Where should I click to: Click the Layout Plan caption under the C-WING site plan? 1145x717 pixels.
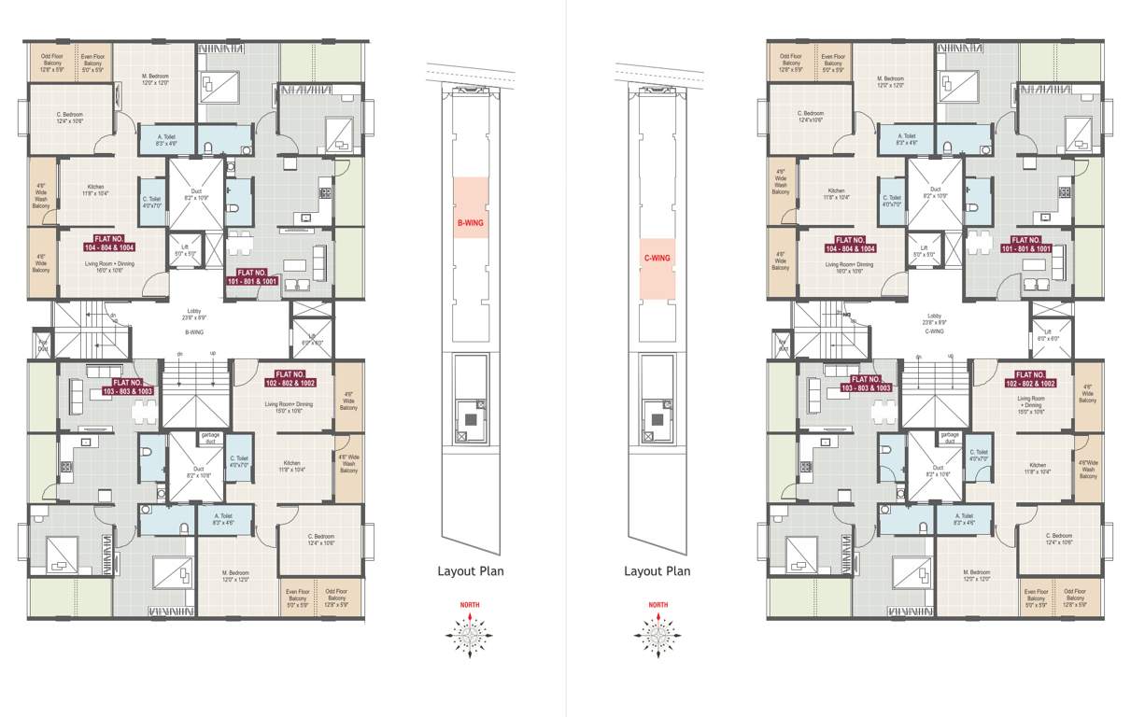click(657, 571)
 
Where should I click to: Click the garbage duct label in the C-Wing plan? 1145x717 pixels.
click(950, 439)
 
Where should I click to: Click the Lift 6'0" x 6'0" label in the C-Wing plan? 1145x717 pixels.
click(1048, 335)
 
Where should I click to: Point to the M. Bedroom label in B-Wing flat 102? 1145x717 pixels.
click(235, 576)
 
